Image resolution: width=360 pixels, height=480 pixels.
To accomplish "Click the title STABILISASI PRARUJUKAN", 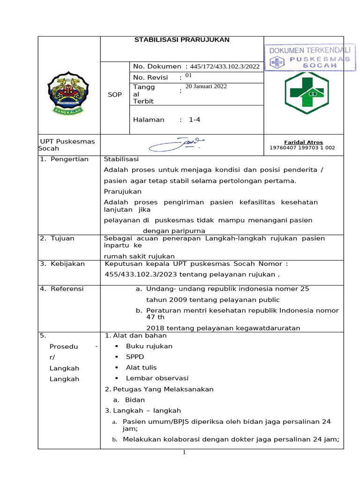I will click(182, 40).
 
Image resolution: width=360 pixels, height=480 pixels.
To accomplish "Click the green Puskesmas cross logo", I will click(307, 92).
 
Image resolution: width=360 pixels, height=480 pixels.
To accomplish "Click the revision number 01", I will click(188, 75).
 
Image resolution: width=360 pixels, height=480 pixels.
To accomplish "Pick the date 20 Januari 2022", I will click(207, 87).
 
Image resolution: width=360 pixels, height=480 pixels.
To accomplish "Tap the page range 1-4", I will click(195, 120).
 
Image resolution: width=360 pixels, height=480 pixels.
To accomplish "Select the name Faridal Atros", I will click(303, 142).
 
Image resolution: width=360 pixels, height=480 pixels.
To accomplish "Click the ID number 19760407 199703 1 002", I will click(302, 148).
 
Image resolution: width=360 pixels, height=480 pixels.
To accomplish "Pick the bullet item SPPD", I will click(135, 357).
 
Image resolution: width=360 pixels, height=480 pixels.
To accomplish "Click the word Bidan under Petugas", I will click(135, 400).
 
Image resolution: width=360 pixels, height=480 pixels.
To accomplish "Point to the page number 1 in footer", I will click(185, 452).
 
